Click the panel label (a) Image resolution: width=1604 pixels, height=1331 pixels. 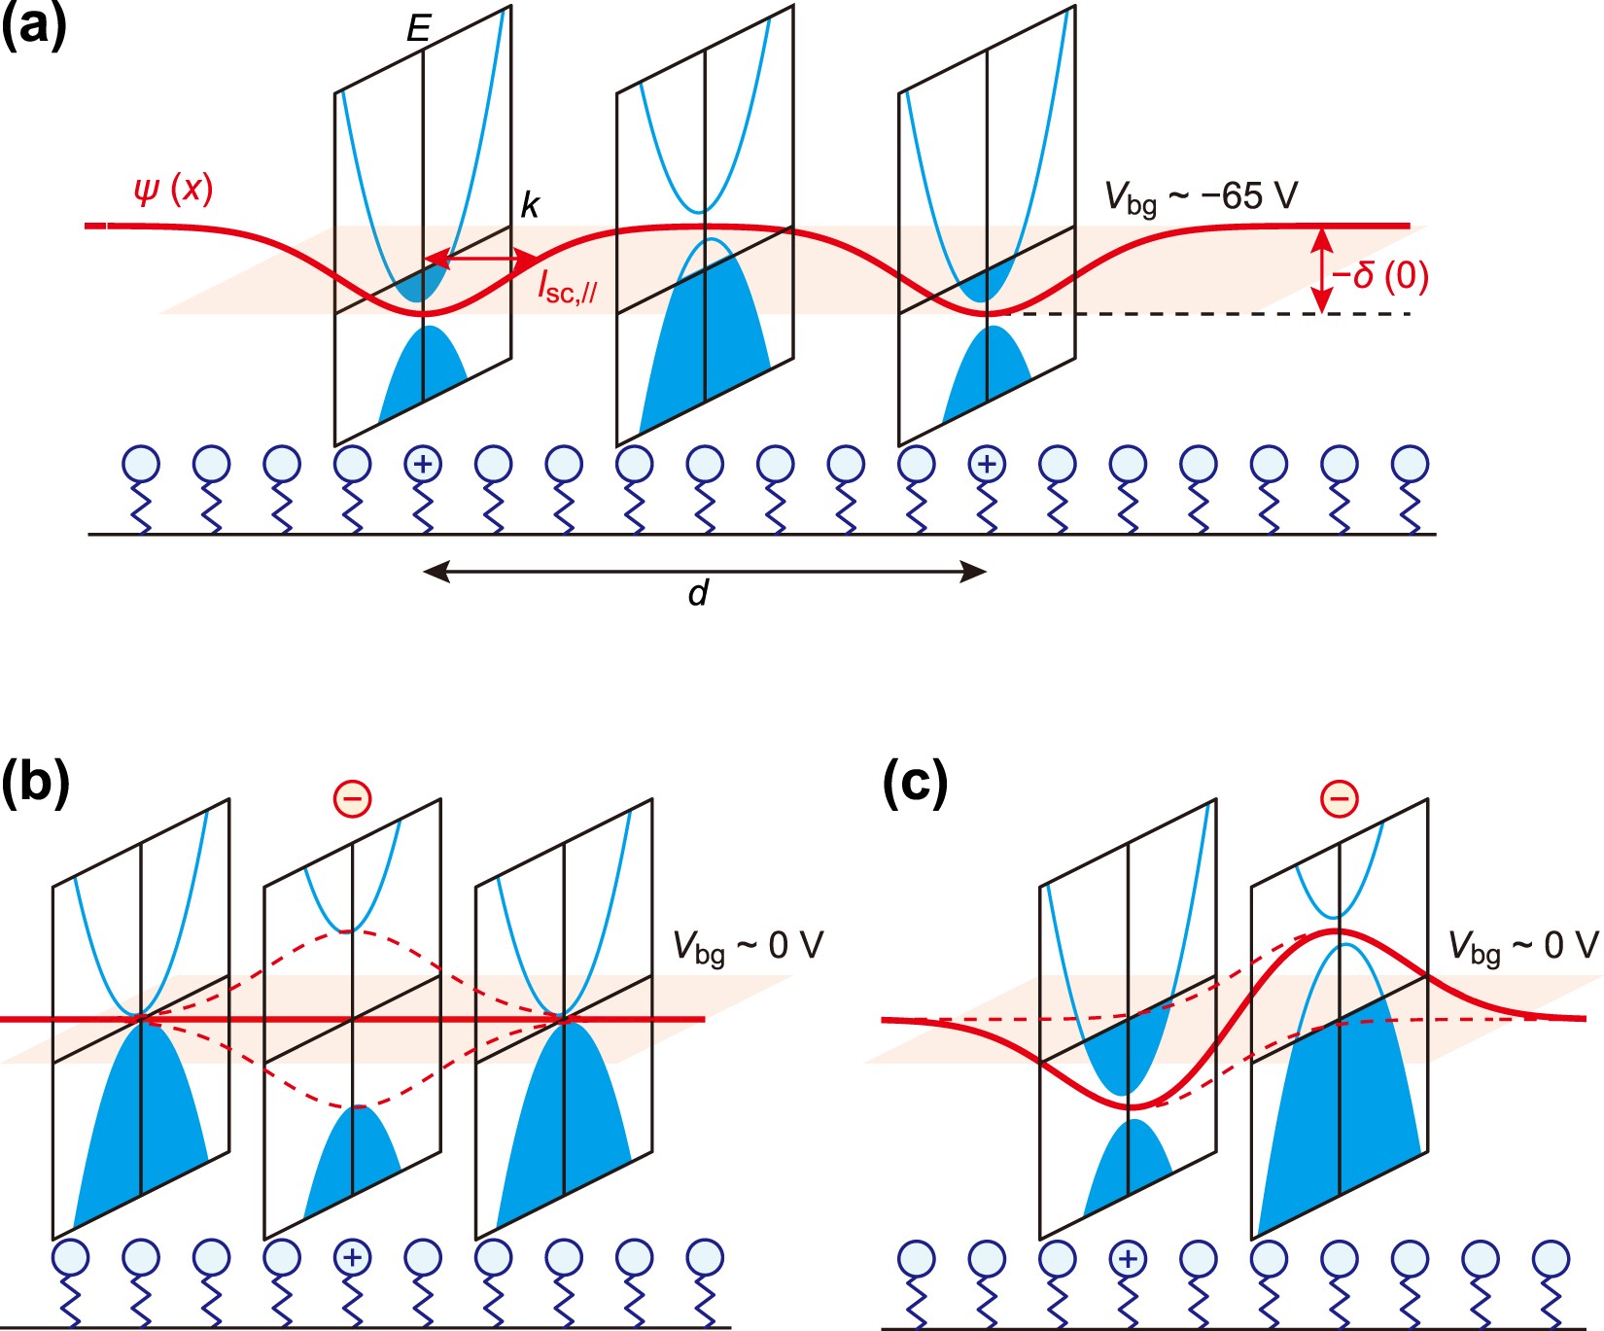tap(34, 26)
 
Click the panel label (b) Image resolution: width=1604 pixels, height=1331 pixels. tap(35, 782)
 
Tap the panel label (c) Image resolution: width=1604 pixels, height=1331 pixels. tap(915, 782)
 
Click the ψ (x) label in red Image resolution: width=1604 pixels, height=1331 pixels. tap(173, 188)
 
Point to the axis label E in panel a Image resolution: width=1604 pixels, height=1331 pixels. tap(418, 29)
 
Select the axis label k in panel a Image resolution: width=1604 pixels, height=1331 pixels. tap(530, 205)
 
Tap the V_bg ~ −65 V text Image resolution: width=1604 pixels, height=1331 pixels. tap(1201, 197)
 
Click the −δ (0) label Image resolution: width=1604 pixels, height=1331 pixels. tap(1379, 276)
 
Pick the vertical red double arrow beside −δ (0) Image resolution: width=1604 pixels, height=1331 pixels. tap(1320, 269)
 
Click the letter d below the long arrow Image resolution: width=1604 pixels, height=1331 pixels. tap(698, 592)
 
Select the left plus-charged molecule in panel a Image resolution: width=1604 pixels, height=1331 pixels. tap(423, 464)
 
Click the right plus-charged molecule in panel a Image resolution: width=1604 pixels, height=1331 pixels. tap(987, 464)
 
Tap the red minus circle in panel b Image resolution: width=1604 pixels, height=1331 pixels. tap(352, 799)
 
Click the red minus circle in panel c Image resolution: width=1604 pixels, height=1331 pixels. tap(1339, 799)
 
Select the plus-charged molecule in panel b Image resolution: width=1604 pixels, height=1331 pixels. tap(352, 1257)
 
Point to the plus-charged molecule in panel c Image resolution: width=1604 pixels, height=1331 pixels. tap(1128, 1259)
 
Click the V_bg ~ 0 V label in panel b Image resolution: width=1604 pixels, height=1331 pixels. tap(748, 946)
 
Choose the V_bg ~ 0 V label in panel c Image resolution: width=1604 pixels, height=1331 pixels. tap(1522, 946)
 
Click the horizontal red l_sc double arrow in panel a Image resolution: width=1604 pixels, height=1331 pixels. tap(481, 260)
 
